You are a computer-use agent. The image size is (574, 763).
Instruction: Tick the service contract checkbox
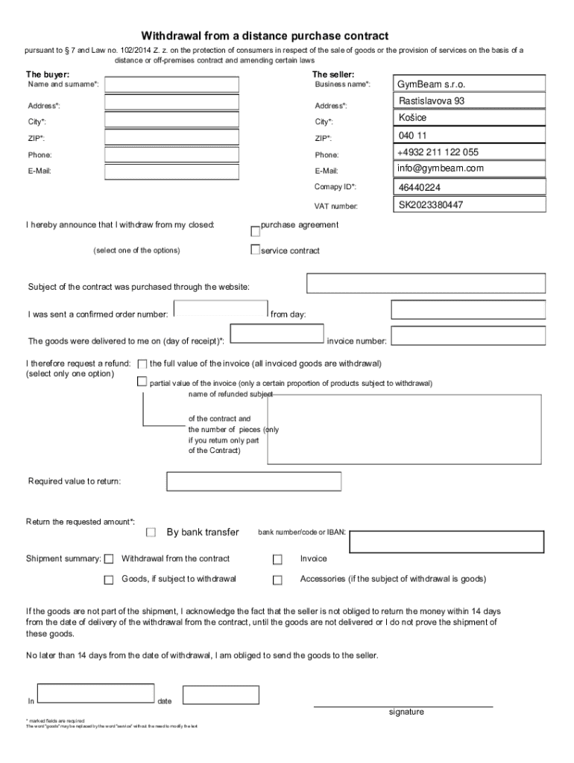point(255,250)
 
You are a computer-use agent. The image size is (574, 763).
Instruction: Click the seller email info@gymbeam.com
point(441,168)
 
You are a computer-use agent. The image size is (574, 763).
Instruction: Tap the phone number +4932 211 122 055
point(438,152)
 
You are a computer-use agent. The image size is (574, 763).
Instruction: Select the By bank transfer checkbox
point(151,532)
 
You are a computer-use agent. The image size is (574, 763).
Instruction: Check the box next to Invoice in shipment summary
point(277,560)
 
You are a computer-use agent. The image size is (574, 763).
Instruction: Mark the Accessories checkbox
point(277,580)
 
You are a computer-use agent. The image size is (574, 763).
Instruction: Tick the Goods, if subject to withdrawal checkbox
point(109,580)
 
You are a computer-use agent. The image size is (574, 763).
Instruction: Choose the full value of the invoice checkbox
point(142,364)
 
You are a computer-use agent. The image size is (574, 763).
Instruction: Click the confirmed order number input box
point(220,309)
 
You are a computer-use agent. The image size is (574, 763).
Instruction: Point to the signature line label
point(406,712)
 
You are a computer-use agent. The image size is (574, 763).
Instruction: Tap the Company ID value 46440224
point(419,187)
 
